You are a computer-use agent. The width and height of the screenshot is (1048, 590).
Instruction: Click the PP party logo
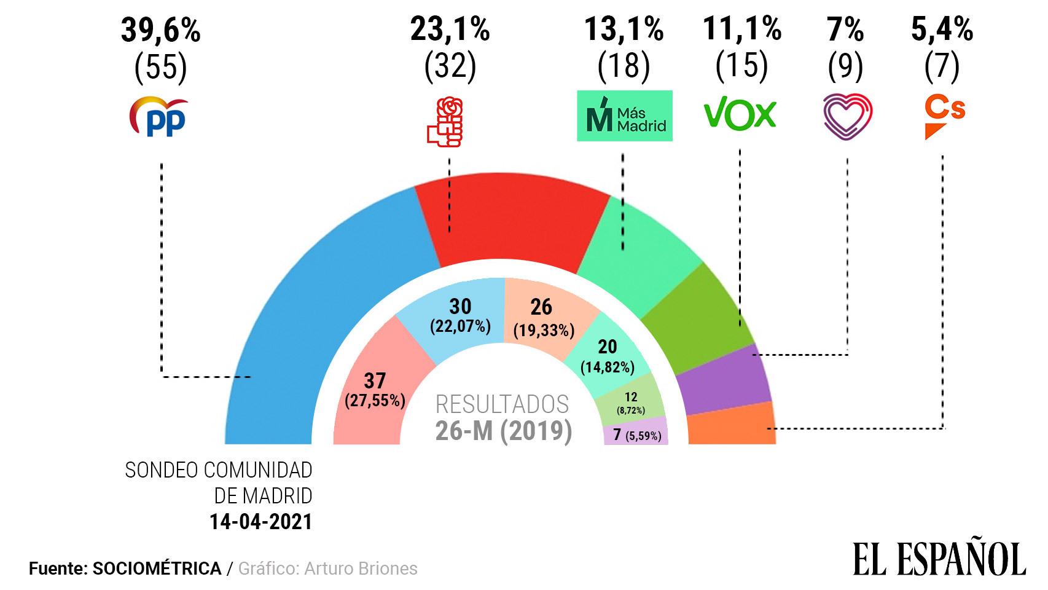click(158, 116)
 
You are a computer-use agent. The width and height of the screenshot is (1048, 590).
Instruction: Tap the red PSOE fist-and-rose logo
click(445, 121)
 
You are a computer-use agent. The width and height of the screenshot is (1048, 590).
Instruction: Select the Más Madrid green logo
click(624, 116)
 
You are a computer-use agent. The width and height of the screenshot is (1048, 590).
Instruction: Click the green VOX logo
click(740, 115)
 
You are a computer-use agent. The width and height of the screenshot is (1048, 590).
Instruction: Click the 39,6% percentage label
click(160, 29)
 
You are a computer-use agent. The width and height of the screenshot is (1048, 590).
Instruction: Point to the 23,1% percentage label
click(450, 29)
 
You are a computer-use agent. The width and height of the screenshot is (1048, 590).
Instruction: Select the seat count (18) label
click(624, 66)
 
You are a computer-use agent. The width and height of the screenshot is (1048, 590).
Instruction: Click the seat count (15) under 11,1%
click(741, 66)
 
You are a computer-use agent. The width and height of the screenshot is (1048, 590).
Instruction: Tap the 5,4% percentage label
click(942, 29)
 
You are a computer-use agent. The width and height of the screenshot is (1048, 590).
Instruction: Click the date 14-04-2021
click(261, 522)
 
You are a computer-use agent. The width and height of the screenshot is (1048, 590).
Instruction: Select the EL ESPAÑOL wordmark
click(939, 559)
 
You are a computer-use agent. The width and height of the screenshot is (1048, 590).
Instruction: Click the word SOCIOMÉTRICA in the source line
click(157, 568)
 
